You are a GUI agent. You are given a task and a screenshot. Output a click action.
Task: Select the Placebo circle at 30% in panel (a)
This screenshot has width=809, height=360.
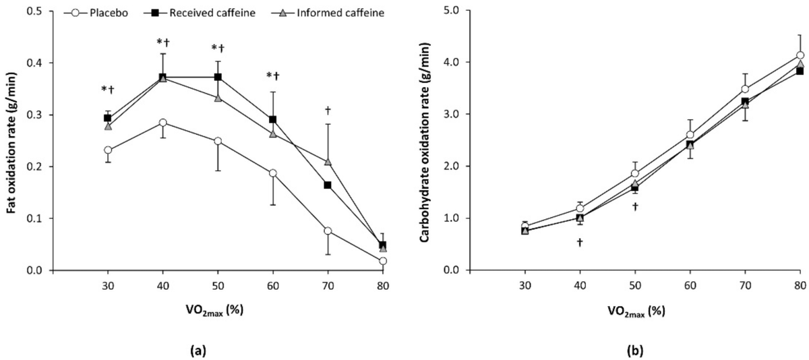click(108, 150)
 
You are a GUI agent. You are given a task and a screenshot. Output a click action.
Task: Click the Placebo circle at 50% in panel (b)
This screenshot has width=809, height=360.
click(635, 173)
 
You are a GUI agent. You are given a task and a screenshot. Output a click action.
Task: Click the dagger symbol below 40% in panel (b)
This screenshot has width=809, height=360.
click(579, 242)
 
